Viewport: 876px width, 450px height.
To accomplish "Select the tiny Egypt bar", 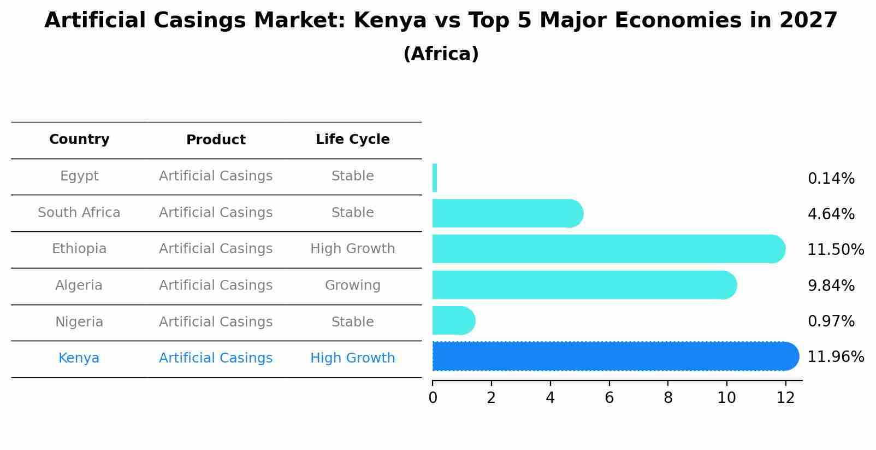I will click(435, 178).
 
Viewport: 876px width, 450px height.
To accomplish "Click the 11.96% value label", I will click(836, 357).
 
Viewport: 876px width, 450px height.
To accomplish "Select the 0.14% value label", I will click(831, 179).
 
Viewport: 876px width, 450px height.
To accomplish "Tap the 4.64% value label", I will click(831, 214).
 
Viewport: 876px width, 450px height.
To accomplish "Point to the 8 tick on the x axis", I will click(668, 398).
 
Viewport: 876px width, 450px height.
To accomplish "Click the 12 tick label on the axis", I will click(785, 398).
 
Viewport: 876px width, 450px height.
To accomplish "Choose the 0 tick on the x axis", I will click(433, 398).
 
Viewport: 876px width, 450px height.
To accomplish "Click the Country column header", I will click(79, 139).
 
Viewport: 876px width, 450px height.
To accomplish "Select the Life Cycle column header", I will click(352, 139).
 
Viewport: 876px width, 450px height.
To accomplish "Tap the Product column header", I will click(216, 140).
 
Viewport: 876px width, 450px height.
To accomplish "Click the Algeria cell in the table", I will click(79, 285).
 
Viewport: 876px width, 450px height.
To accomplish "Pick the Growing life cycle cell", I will click(352, 285).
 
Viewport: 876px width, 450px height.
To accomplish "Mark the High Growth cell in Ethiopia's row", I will click(352, 249).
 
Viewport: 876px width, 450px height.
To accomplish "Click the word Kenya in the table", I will click(79, 358).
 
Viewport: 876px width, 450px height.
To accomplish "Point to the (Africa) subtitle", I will click(441, 54).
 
